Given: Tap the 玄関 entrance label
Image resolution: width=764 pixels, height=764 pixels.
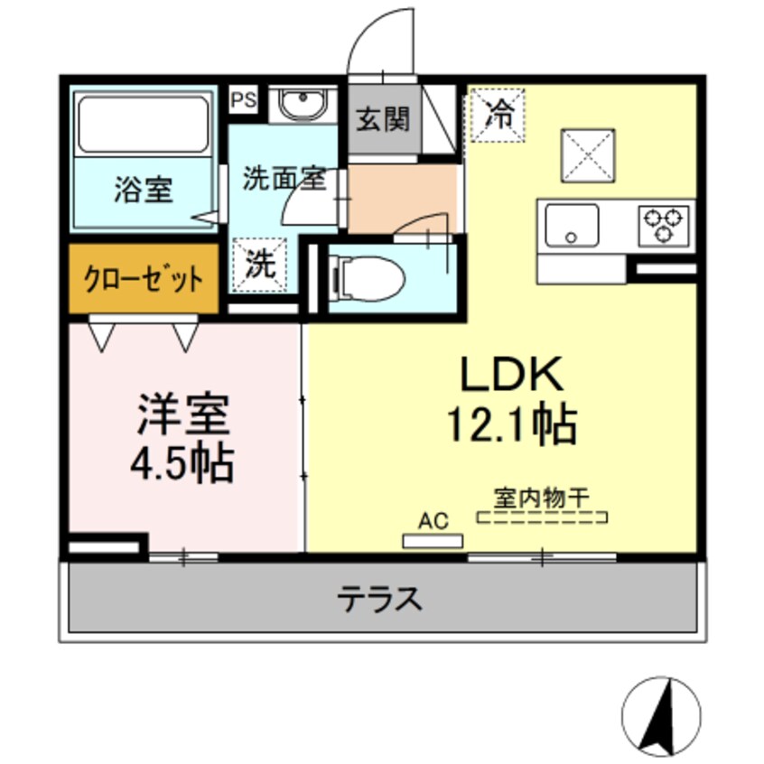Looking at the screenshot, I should (x=383, y=119).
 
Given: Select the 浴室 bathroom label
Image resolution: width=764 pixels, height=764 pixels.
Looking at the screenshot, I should (x=144, y=191).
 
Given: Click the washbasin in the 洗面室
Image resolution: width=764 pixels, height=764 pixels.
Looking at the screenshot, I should (x=301, y=105).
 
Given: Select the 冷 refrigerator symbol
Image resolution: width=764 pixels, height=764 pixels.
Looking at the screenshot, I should (x=497, y=114).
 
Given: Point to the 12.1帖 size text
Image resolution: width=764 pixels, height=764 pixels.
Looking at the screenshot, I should (x=512, y=423).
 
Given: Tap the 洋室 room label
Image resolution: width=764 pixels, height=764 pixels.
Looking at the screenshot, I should (x=184, y=417).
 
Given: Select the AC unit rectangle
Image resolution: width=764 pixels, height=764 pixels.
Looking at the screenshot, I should (x=433, y=541).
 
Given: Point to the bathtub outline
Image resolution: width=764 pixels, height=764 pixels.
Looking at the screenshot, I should (x=144, y=125).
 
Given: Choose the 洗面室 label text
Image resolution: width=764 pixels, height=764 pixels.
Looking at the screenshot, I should (x=283, y=178).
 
